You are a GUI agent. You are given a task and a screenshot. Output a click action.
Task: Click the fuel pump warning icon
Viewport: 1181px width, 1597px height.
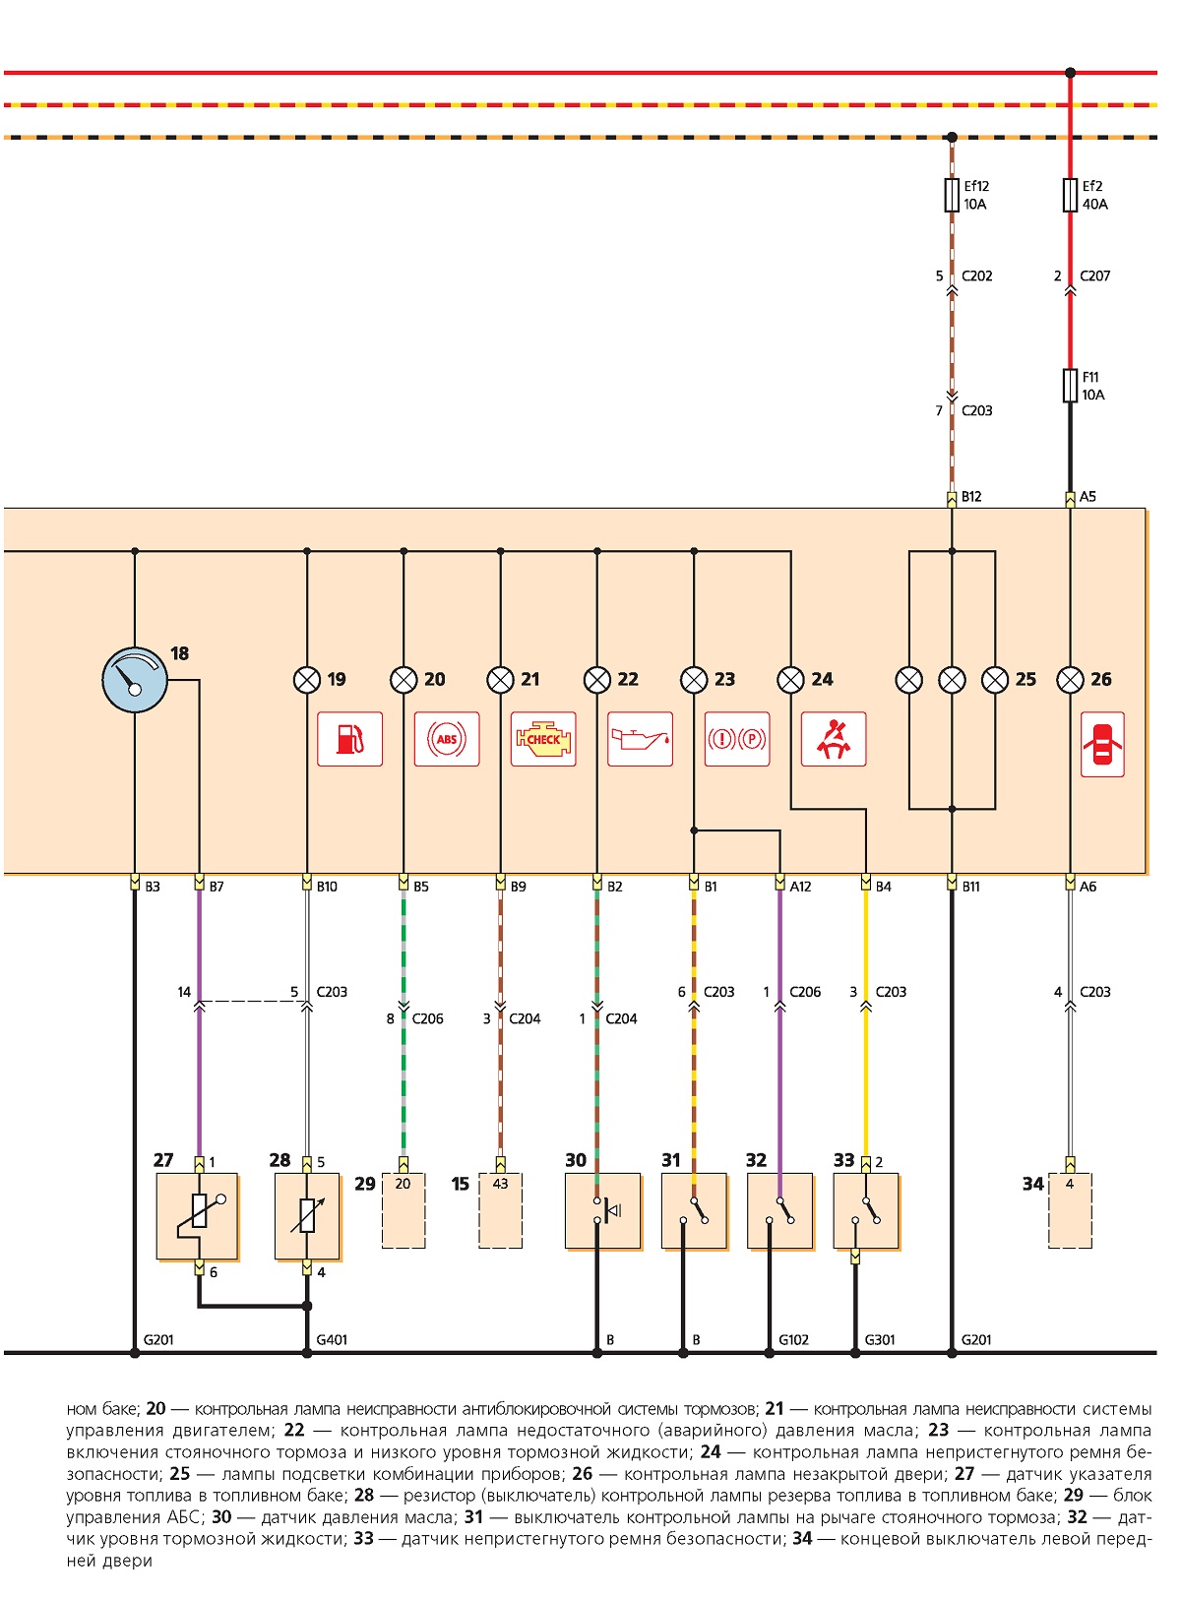point(349,739)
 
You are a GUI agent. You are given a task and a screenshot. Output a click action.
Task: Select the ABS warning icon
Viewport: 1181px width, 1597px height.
point(447,739)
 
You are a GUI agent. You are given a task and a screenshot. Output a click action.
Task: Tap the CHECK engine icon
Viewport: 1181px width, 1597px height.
point(543,739)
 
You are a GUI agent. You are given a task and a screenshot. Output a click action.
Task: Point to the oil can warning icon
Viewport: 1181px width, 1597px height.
point(640,739)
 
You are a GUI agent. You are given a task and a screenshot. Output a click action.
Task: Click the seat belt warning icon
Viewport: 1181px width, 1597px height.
point(834,739)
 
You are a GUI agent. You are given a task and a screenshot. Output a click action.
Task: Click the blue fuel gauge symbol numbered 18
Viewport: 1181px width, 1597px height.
point(135,680)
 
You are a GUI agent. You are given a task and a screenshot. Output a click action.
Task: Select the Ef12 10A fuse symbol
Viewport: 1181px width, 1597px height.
point(952,195)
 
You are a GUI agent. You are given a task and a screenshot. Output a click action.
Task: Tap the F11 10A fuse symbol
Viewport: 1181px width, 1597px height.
point(1070,385)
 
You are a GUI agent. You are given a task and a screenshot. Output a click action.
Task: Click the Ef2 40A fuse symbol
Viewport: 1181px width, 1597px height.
point(1070,195)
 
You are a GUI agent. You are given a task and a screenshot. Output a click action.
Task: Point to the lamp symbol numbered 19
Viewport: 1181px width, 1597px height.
point(307,680)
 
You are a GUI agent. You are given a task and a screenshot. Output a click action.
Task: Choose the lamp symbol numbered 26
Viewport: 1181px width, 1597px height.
point(1070,680)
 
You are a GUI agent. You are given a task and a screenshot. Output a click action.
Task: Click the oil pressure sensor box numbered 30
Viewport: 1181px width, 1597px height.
point(602,1210)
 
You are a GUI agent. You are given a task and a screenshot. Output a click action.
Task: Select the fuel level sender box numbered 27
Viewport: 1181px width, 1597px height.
point(197,1216)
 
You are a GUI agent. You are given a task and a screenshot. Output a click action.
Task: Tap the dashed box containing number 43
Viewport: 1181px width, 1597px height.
point(501,1210)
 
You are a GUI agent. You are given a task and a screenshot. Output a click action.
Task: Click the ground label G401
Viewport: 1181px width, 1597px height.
point(332,1340)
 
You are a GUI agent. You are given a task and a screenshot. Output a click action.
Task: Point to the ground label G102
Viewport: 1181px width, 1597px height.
point(793,1340)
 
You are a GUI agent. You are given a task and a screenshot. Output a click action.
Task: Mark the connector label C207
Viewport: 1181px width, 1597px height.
point(1094,276)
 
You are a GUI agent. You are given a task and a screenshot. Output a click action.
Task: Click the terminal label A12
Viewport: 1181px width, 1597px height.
point(800,887)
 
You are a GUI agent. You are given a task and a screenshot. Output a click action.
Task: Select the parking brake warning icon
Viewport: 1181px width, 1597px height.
point(737,739)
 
